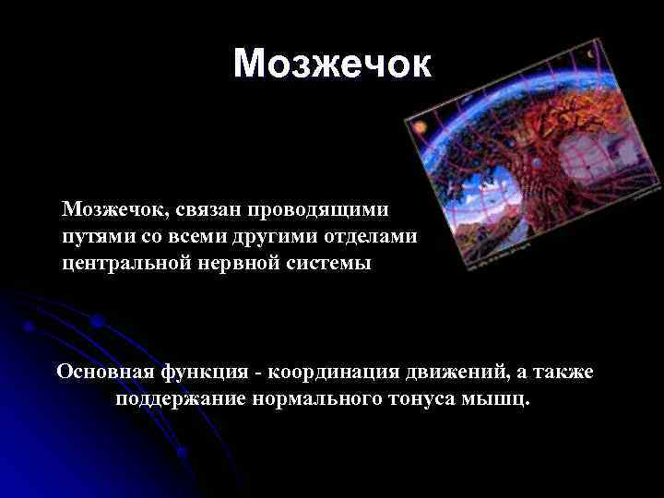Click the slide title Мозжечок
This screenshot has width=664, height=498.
click(331, 64)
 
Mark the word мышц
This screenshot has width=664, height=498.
click(501, 400)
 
